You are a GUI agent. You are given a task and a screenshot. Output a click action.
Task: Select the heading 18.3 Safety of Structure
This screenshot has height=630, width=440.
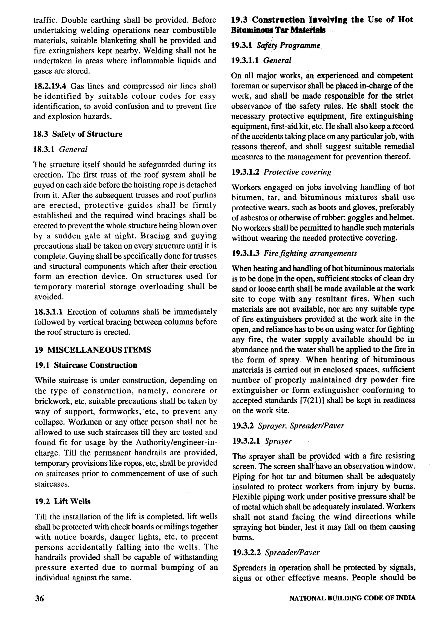[78, 134]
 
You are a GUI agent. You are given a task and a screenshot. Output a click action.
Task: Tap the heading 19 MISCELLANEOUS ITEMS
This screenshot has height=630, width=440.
[93, 350]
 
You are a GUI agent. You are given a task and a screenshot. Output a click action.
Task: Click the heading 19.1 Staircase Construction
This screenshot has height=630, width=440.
[86, 365]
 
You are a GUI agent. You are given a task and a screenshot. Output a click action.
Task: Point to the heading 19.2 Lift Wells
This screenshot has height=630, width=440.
[63, 501]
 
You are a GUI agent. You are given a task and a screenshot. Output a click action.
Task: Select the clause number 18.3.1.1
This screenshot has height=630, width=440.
[49, 312]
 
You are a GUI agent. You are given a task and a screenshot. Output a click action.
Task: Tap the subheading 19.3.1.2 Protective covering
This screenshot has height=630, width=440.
[281, 172]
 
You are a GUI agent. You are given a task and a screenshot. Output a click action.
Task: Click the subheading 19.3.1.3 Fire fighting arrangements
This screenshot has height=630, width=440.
[294, 253]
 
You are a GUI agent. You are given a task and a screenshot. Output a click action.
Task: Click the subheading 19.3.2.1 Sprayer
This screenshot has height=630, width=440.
[262, 441]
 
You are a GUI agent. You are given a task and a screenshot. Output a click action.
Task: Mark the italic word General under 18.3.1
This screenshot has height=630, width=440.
[73, 149]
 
